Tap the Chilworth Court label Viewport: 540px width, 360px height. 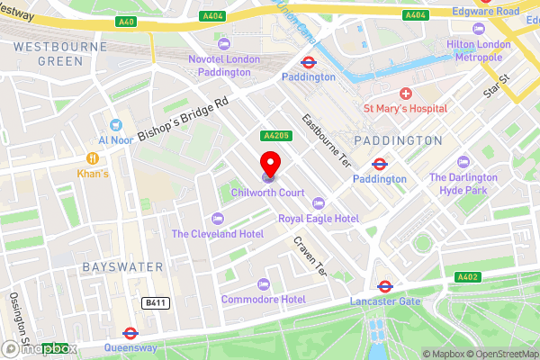tap(267, 193)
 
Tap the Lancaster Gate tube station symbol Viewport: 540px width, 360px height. tap(384, 286)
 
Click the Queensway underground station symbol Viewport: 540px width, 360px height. tap(130, 332)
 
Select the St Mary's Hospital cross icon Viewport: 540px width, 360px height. tap(406, 94)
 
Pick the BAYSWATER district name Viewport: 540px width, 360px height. tap(122, 267)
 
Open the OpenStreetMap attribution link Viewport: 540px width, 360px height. tap(500, 354)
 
